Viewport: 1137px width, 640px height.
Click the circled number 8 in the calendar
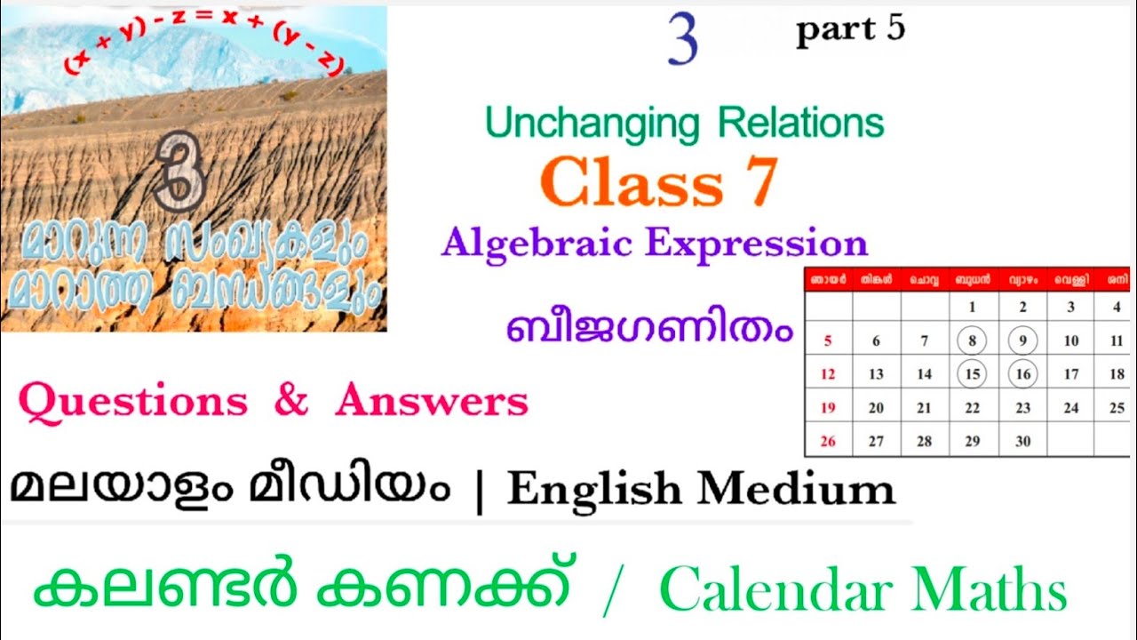click(x=973, y=340)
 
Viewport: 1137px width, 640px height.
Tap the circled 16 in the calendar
click(x=1022, y=374)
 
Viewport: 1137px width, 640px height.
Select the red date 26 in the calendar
click(x=828, y=441)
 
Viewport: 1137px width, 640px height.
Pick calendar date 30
click(x=1022, y=441)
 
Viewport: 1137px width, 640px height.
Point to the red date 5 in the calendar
click(x=828, y=340)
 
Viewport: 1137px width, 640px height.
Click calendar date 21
click(x=925, y=408)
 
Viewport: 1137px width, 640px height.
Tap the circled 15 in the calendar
click(x=973, y=374)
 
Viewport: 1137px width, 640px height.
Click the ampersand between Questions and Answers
click(x=290, y=402)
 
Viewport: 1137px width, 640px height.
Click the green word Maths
click(x=998, y=590)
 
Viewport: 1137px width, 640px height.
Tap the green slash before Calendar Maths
click(x=609, y=592)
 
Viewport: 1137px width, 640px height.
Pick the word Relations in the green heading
click(x=800, y=124)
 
